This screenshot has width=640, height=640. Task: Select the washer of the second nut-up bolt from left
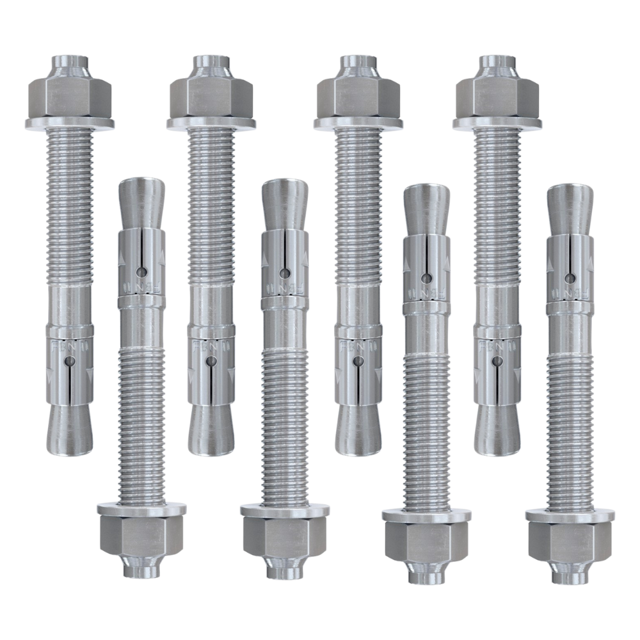click(x=211, y=123)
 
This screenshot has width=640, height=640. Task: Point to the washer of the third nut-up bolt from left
click(x=358, y=123)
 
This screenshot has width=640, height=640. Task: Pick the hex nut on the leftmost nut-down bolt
click(x=141, y=535)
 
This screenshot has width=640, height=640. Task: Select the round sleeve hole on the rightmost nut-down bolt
click(x=570, y=278)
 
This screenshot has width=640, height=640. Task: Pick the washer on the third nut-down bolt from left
click(x=426, y=515)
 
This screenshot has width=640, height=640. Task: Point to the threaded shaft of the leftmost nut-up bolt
click(x=70, y=205)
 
